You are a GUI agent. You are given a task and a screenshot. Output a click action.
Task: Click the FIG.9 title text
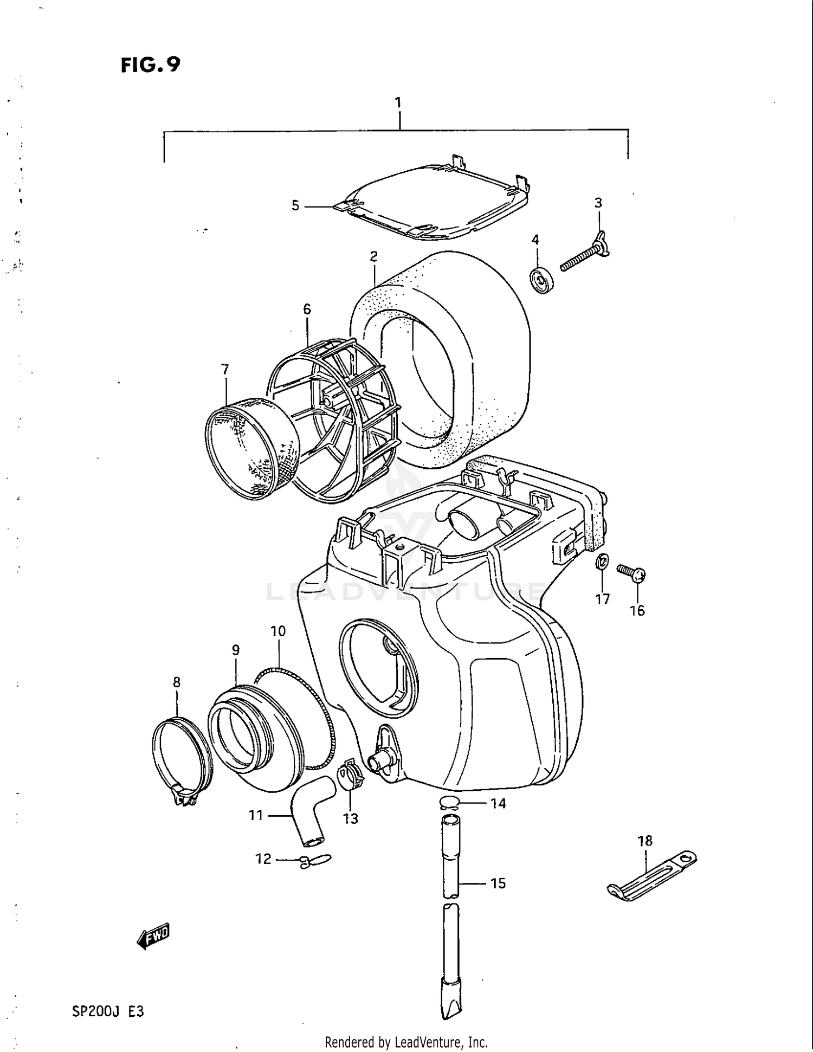tap(150, 65)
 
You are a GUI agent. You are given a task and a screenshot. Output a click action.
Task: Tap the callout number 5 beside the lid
tap(295, 206)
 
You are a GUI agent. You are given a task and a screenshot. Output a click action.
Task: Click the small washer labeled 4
tap(541, 280)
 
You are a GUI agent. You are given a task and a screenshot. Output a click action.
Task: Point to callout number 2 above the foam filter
tap(374, 256)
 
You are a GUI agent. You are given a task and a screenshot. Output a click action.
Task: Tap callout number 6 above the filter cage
tap(307, 309)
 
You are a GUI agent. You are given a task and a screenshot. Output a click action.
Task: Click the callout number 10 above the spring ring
tap(278, 631)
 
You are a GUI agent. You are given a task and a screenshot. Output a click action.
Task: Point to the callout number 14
tap(498, 803)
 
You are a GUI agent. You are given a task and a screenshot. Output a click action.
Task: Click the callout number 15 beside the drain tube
tap(498, 883)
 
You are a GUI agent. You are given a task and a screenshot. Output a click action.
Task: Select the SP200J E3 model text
tap(108, 1011)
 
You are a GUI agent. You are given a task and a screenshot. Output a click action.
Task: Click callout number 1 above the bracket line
tap(398, 102)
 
